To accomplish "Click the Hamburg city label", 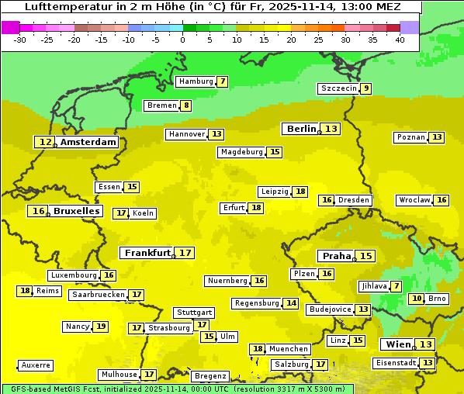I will (196, 81).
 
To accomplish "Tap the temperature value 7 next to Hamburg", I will (223, 81).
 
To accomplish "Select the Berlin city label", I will (301, 129).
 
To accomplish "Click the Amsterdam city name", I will (88, 142).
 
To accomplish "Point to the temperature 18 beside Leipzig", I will (300, 192).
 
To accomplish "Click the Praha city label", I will (337, 256).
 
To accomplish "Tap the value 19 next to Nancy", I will (101, 327).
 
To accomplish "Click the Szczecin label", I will (339, 88).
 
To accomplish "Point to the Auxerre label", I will (36, 365).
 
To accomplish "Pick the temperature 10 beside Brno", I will (417, 299).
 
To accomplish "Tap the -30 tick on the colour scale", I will (20, 39).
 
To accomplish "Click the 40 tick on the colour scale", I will (400, 39).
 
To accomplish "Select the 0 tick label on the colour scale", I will (183, 39).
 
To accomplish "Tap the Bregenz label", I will (210, 376).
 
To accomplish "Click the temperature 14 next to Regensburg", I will (291, 303).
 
